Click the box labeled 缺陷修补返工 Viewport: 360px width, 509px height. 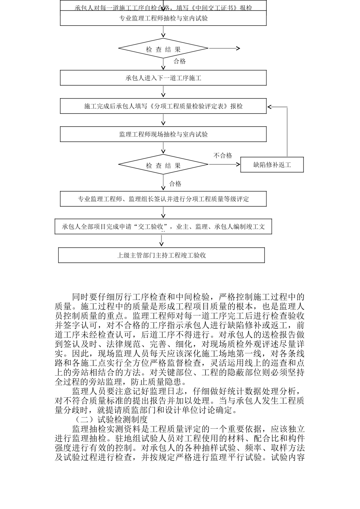(x=272, y=165)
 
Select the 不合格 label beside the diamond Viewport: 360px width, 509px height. (x=223, y=156)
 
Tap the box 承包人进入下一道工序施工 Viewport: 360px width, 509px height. (x=163, y=78)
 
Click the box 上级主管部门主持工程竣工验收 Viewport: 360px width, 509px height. (x=161, y=255)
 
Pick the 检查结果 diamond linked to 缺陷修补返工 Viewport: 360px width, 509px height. (x=163, y=166)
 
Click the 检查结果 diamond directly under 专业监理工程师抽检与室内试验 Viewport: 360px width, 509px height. (x=163, y=49)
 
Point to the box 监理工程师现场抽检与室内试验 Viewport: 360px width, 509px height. (x=163, y=134)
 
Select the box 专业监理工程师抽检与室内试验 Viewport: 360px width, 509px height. (x=163, y=18)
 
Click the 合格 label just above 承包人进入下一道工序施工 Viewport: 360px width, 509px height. (x=180, y=61)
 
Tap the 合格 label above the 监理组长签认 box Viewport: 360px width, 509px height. (x=175, y=184)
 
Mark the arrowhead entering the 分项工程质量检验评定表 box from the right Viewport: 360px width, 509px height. (x=269, y=106)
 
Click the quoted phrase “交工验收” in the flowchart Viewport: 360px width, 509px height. (x=153, y=227)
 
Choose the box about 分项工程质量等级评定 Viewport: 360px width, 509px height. (x=163, y=199)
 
